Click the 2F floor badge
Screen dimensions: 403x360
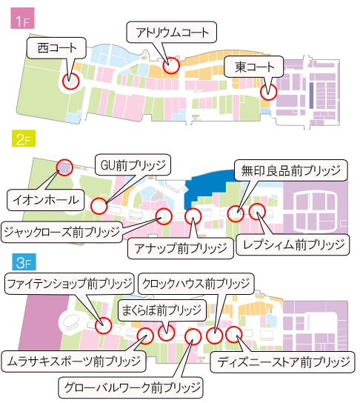click(x=20, y=138)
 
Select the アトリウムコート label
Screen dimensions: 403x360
click(x=172, y=32)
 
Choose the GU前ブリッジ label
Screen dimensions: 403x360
click(x=133, y=164)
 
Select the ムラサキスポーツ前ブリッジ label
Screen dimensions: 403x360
click(x=72, y=362)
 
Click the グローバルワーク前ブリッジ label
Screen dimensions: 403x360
click(x=130, y=387)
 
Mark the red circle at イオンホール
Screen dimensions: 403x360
click(x=64, y=168)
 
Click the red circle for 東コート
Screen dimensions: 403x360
click(x=267, y=93)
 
